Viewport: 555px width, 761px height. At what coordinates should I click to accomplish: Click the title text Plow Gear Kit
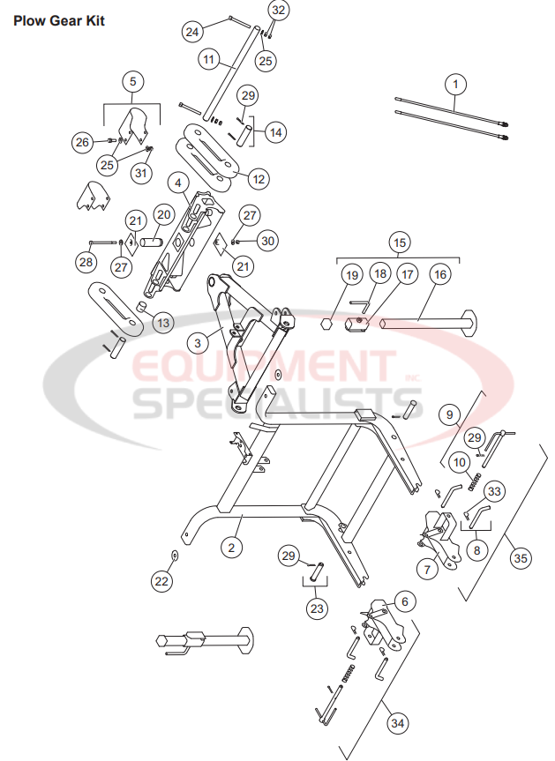click(59, 20)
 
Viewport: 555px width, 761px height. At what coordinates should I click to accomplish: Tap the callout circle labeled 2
click(231, 548)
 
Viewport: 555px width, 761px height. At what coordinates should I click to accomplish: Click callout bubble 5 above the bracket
click(132, 82)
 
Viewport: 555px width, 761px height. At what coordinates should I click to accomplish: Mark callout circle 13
click(163, 323)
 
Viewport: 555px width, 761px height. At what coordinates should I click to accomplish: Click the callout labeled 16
click(439, 275)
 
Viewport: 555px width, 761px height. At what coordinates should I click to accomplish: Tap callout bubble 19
click(352, 275)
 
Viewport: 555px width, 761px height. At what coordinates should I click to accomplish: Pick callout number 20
click(163, 214)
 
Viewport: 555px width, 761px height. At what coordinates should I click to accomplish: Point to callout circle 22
click(161, 581)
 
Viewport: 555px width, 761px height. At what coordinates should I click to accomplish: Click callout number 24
click(193, 31)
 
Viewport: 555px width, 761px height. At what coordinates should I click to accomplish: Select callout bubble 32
click(278, 11)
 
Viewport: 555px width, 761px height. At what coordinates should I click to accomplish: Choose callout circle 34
click(398, 723)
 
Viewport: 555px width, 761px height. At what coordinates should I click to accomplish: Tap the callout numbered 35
click(521, 557)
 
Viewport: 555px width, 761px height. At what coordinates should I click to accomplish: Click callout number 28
click(86, 262)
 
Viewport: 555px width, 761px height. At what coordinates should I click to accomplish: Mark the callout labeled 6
click(404, 601)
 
